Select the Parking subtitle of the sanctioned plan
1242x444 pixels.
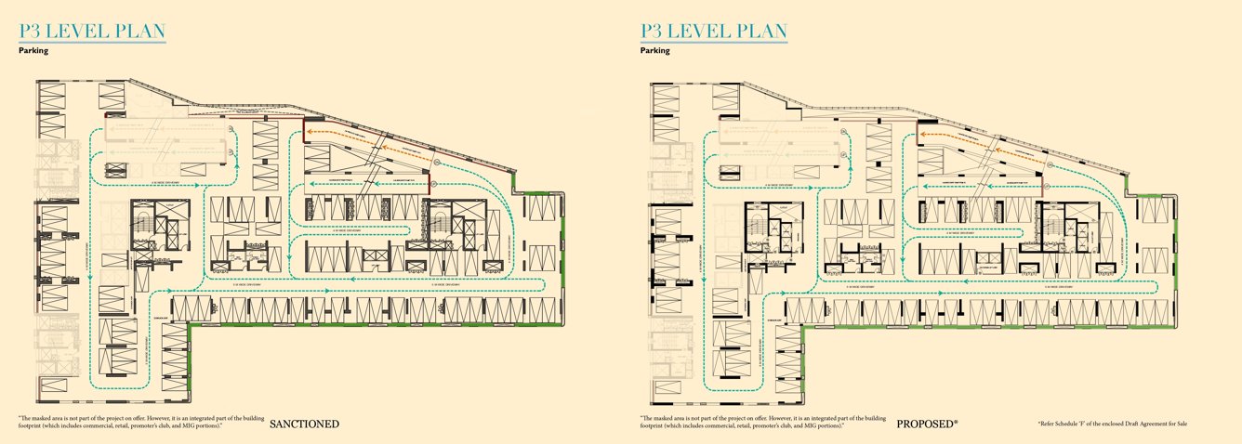pos(33,51)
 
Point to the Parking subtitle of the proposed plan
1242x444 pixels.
pos(655,51)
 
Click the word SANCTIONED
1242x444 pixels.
pos(304,424)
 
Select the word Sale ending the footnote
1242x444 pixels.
pos(1181,424)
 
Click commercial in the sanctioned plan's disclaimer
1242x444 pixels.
pos(88,426)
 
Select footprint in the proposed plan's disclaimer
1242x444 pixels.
pos(656,426)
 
